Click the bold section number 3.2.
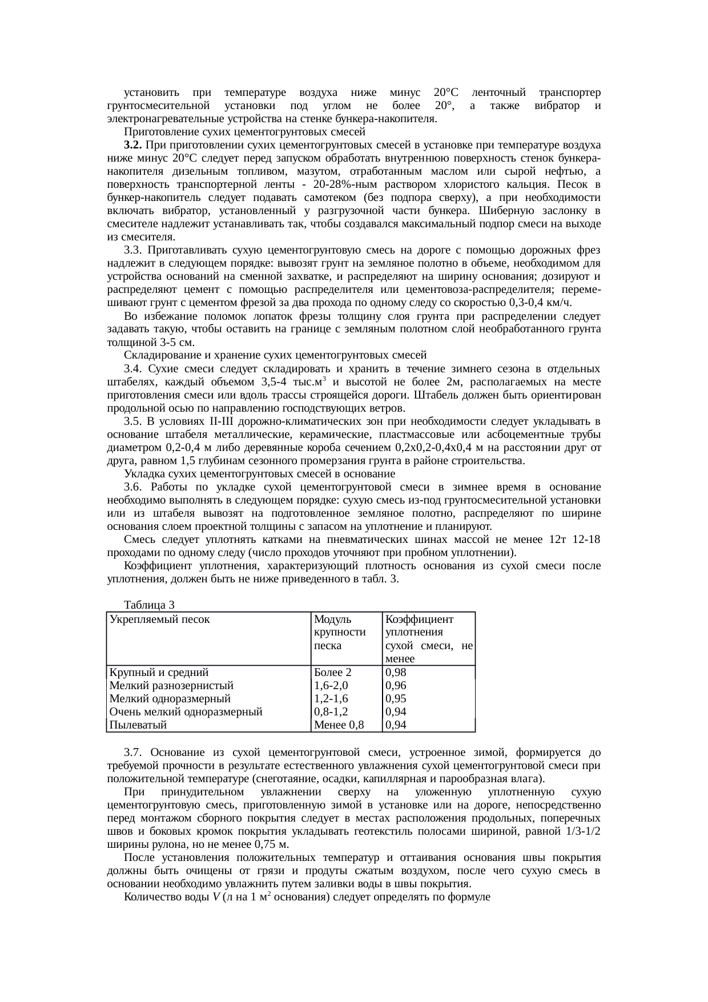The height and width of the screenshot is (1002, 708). point(133,144)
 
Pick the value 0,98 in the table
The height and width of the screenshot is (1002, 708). point(396,672)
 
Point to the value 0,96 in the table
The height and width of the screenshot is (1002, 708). point(396,685)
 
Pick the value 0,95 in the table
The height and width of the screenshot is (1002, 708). point(396,698)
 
